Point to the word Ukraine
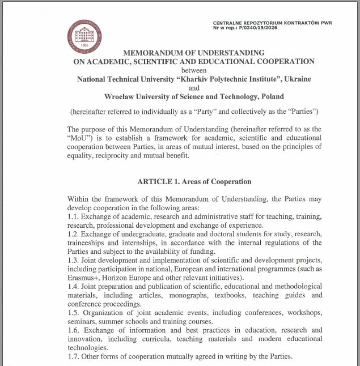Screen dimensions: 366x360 click(297, 79)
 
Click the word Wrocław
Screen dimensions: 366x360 click(120, 97)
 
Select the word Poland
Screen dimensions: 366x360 click(271, 97)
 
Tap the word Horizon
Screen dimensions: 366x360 click(121, 278)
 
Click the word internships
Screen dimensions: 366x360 click(129, 242)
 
